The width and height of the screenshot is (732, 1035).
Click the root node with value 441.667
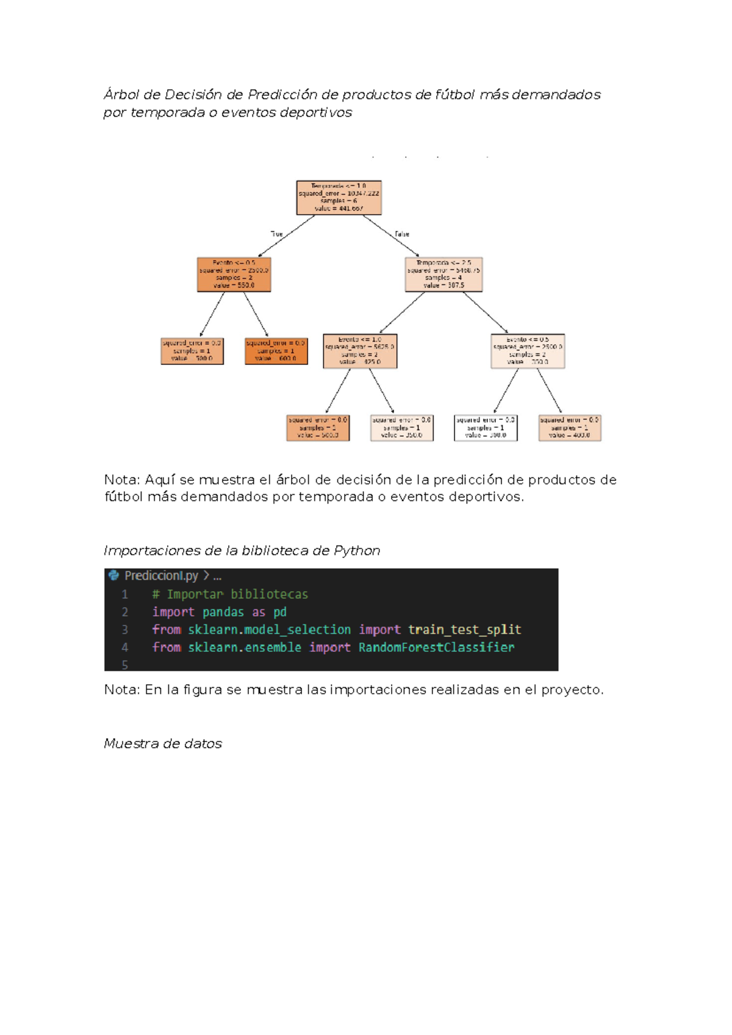click(x=339, y=197)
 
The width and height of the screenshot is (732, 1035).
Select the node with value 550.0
click(x=234, y=274)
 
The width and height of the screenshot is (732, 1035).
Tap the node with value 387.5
click(x=443, y=274)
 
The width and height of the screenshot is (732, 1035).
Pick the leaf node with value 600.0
click(x=276, y=351)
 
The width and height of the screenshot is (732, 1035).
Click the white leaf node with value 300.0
click(x=486, y=428)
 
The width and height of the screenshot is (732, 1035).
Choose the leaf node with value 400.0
click(x=569, y=428)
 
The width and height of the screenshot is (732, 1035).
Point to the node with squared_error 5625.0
click(x=360, y=351)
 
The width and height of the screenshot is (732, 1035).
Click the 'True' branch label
click(x=277, y=234)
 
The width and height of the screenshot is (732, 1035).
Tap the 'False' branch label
click(x=402, y=234)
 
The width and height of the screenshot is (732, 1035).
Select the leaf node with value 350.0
click(x=402, y=428)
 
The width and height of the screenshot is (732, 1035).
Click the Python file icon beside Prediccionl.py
click(x=113, y=575)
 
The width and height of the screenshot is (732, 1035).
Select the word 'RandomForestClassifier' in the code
click(x=436, y=647)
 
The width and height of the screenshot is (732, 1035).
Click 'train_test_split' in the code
click(x=464, y=629)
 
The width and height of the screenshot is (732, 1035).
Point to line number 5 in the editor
click(x=125, y=665)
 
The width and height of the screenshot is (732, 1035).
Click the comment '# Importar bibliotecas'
click(x=230, y=594)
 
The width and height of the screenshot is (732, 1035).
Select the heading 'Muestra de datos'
click(x=163, y=743)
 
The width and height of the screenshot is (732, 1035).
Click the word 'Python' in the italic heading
click(x=357, y=550)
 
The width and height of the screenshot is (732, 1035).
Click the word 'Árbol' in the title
click(x=121, y=95)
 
